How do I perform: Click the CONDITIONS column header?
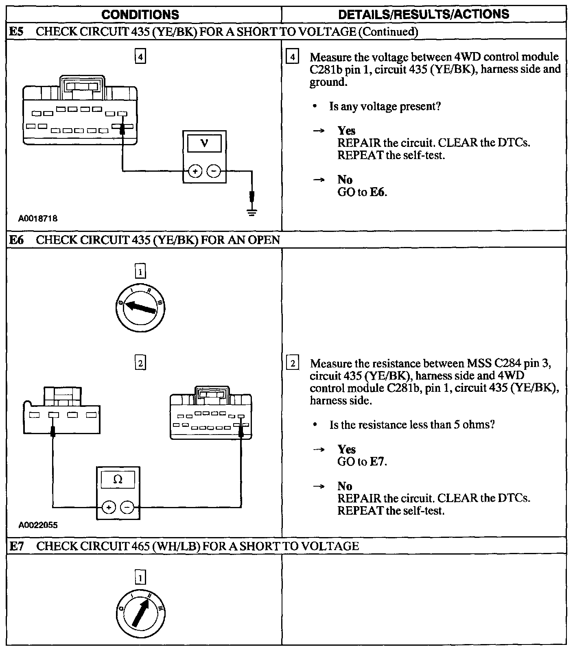tap(140, 15)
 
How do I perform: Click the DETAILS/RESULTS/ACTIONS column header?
tap(424, 14)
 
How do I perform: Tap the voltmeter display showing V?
tap(204, 144)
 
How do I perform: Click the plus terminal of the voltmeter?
tap(195, 171)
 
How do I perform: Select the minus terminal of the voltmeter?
tap(214, 171)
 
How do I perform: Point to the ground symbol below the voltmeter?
tap(252, 211)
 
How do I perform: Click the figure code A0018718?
tap(38, 218)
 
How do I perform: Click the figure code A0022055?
tap(38, 525)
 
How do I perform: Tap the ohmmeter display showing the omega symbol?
tap(118, 480)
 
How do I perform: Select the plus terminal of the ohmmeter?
tap(109, 507)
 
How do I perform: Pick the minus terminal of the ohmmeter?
tap(127, 507)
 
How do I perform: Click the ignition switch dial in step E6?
tap(140, 308)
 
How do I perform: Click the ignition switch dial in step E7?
tap(140, 614)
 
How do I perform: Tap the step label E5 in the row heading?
tap(16, 32)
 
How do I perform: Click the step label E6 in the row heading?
tap(16, 240)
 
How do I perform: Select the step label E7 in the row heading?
tap(16, 546)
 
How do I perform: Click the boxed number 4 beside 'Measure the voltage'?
tap(292, 57)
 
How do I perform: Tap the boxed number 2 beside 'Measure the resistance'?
tap(292, 363)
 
